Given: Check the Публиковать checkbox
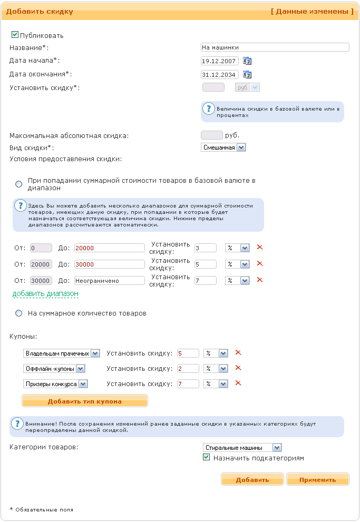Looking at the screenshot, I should (15, 35).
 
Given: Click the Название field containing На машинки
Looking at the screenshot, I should (275, 47).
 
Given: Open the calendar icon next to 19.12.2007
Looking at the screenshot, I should (247, 61).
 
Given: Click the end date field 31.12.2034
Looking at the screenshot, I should (220, 75).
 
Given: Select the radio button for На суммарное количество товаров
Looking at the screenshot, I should (19, 313).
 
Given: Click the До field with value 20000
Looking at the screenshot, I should (110, 248).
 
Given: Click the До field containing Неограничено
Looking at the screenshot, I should (110, 281).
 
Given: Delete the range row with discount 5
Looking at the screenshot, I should (259, 264).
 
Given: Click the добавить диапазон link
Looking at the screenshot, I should (45, 293).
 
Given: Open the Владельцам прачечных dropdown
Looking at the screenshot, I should (62, 353).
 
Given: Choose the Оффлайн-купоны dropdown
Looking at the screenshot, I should (54, 369).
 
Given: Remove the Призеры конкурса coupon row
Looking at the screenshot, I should (238, 383).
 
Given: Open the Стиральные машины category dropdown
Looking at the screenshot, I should (242, 448).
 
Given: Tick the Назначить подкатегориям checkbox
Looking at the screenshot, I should (207, 458).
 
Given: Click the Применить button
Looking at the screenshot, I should (317, 479).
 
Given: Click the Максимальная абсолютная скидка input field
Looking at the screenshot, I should (212, 135).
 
